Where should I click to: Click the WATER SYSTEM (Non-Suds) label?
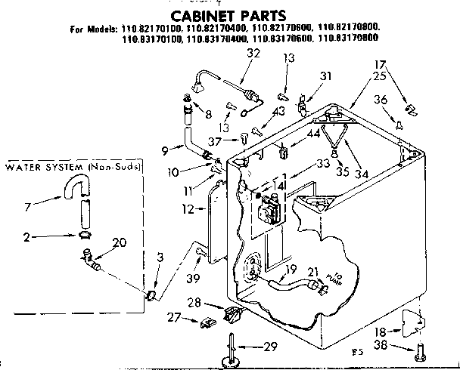click(73, 166)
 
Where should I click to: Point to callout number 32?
click(232, 53)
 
